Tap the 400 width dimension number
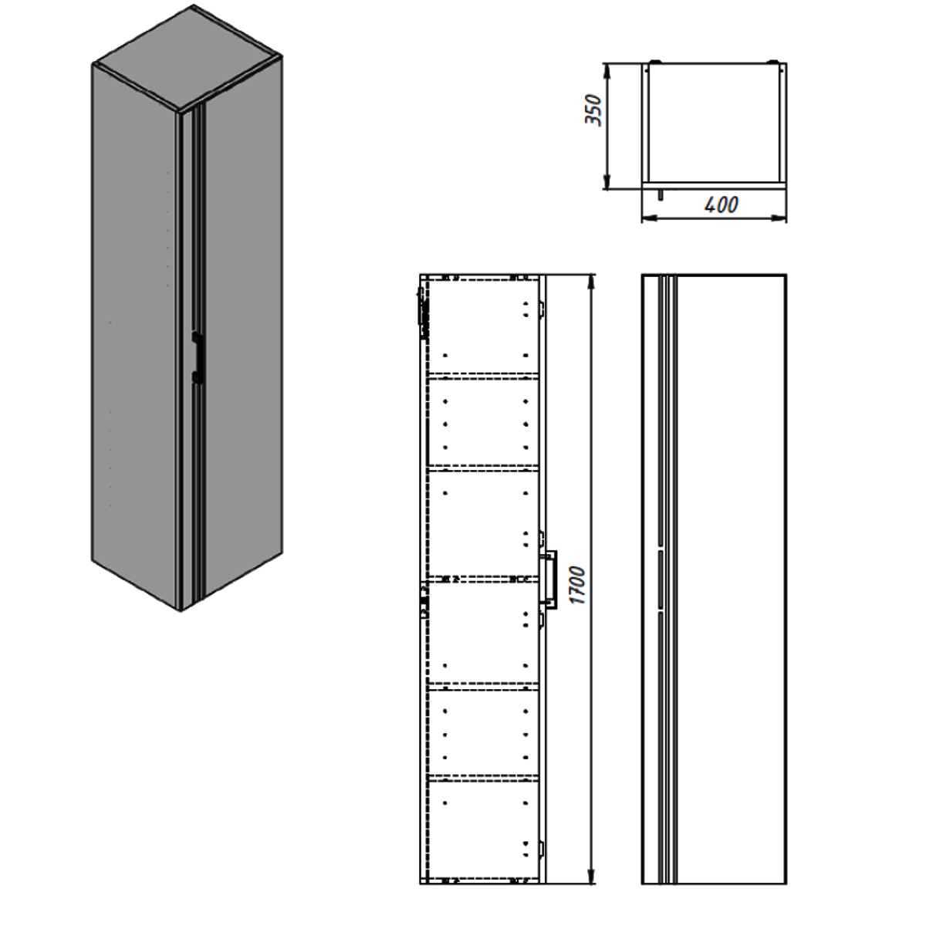coord(721,205)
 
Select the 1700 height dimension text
coord(578,585)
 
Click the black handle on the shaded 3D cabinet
coord(197,357)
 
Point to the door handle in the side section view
coord(549,580)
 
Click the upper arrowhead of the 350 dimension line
coord(608,70)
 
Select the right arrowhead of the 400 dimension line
coord(779,218)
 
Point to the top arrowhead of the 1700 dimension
coord(591,282)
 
